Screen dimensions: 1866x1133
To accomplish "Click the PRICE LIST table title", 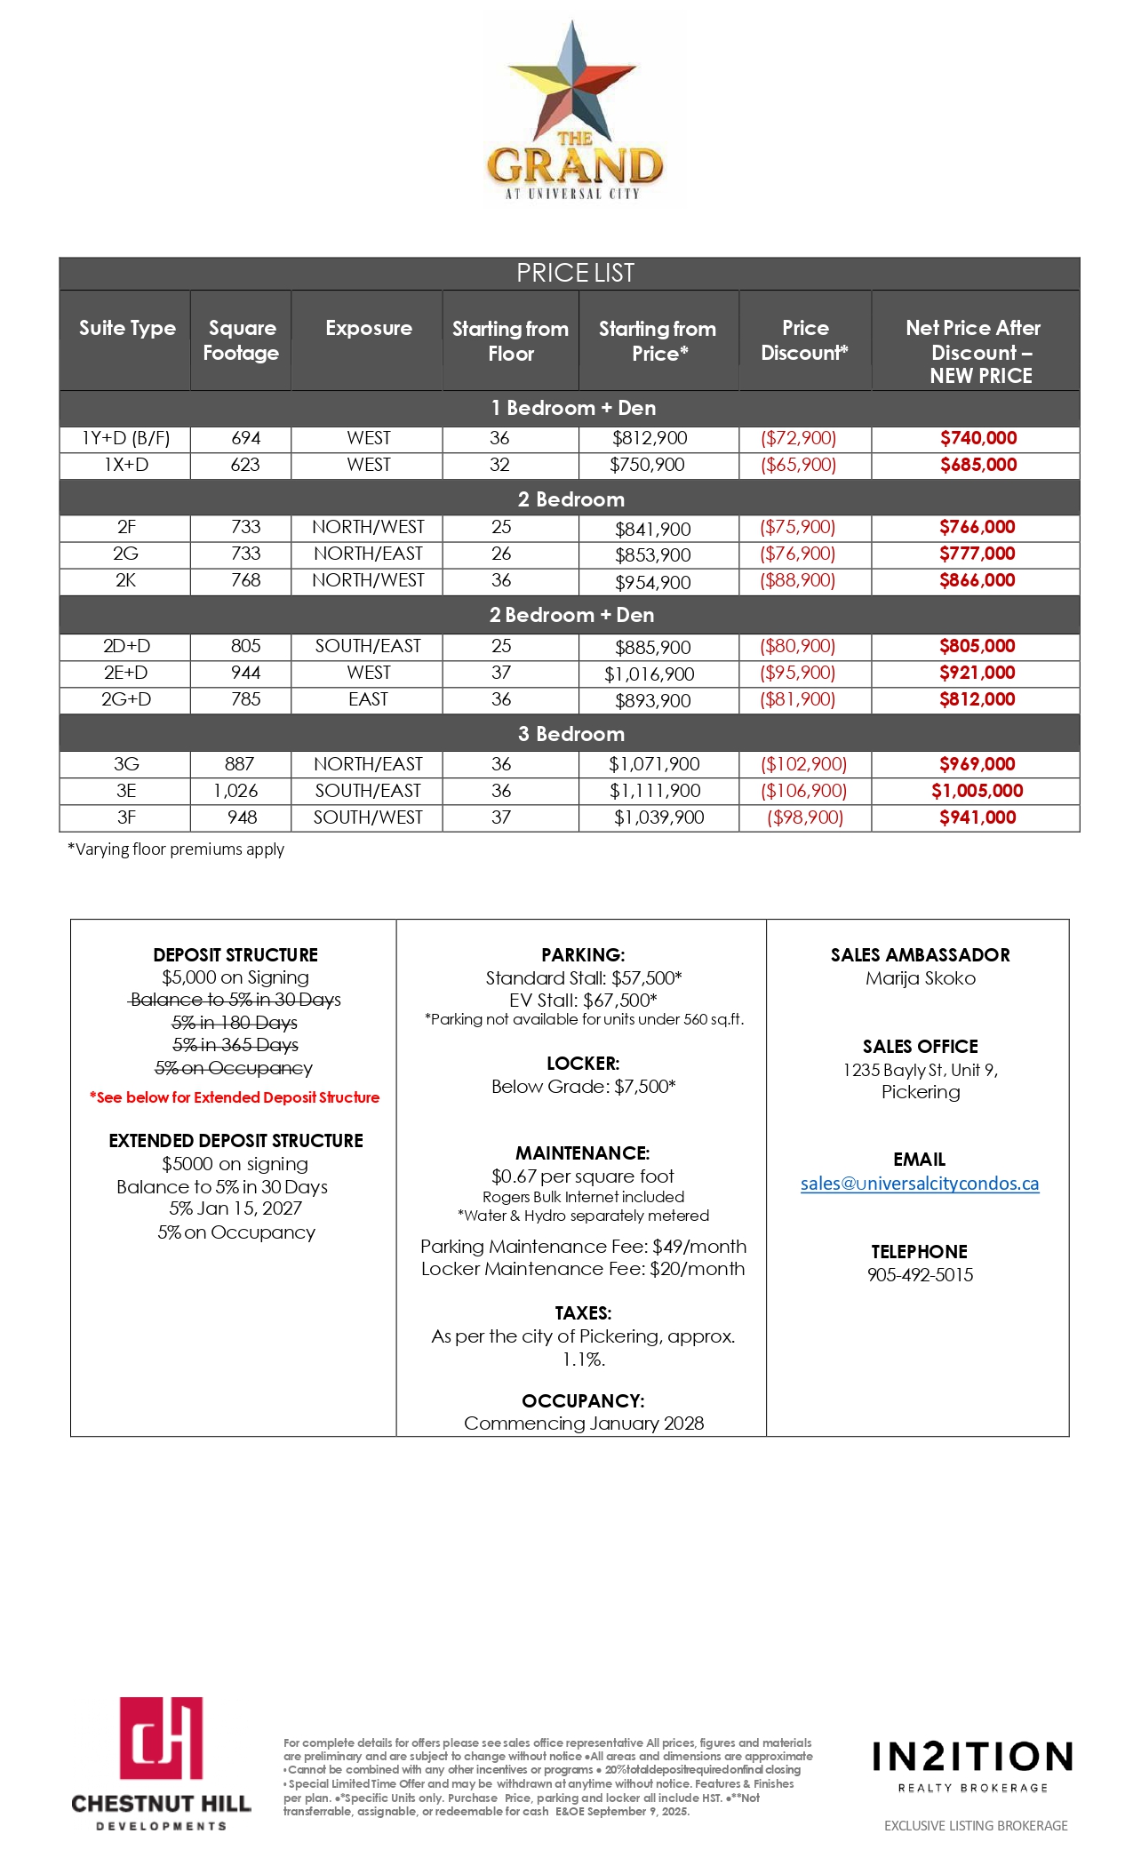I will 575,273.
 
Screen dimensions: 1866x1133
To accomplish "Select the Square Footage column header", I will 241,340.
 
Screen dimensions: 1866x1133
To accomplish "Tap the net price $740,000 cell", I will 977,438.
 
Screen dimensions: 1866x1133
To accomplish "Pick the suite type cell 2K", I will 125,580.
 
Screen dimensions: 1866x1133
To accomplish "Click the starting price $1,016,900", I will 649,674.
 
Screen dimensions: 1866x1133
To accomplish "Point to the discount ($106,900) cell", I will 803,791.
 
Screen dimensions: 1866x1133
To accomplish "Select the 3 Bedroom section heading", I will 570,734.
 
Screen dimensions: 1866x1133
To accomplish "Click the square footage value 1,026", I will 235,791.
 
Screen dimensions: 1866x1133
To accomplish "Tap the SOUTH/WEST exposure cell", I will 368,817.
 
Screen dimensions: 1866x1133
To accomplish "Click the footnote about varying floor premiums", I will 176,849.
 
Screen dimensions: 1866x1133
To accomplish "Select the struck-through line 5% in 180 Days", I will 235,1023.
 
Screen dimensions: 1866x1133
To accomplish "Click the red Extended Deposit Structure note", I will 235,1097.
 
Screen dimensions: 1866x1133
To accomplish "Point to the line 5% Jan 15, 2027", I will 235,1208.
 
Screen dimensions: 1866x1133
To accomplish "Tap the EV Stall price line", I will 583,1001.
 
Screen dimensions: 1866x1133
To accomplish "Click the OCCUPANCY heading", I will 583,1400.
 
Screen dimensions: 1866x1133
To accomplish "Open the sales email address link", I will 919,1184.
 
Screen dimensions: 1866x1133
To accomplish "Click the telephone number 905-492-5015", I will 920,1275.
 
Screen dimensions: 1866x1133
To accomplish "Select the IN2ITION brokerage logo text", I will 972,1758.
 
